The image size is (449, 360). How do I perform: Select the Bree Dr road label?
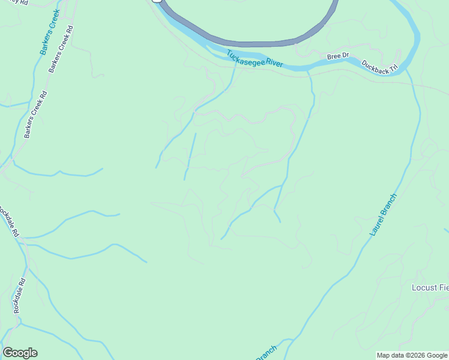[337, 56]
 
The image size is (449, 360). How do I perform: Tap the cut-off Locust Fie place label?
[430, 287]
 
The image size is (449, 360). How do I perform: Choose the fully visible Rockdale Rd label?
[18, 296]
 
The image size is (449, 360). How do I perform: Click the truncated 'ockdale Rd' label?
[8, 221]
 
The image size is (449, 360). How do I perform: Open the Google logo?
[20, 353]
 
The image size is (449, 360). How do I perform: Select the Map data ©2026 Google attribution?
[411, 355]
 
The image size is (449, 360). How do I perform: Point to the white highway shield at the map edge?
[157, 2]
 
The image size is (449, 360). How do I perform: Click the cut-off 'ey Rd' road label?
[20, 2]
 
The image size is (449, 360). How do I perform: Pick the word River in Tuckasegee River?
[273, 63]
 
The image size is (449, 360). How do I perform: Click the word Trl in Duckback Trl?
[394, 71]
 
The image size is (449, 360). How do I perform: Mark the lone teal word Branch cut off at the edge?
[267, 352]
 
